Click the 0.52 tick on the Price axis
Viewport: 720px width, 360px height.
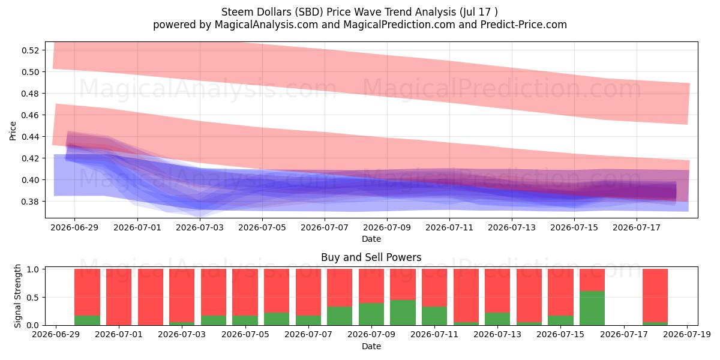point(30,50)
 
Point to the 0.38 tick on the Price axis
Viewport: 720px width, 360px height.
point(30,202)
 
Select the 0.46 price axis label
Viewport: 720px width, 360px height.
point(30,115)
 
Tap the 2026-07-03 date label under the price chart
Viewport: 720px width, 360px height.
point(200,227)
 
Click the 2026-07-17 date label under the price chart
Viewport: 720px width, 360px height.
point(637,227)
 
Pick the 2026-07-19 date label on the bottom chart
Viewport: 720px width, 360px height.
point(687,334)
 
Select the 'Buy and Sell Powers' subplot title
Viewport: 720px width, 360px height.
point(371,257)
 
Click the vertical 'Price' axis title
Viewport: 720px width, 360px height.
point(13,131)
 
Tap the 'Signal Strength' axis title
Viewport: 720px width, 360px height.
point(17,296)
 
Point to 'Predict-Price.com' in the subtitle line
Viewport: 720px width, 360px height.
point(524,25)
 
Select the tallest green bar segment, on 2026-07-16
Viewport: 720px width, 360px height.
point(592,308)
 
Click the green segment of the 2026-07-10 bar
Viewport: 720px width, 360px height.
point(403,313)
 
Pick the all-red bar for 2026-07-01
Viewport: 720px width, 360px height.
point(119,297)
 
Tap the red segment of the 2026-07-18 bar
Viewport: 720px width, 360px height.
point(655,295)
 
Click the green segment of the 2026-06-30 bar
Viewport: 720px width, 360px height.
point(87,320)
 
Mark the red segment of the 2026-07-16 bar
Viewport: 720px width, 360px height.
point(592,280)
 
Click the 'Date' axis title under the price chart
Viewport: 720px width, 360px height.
point(371,239)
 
